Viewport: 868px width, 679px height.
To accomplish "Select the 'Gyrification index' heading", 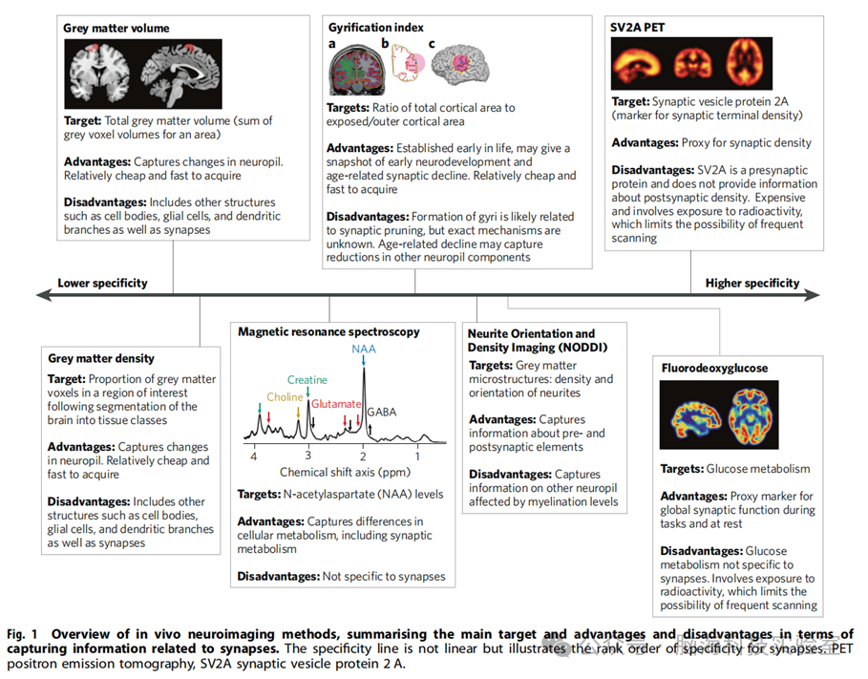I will (375, 28).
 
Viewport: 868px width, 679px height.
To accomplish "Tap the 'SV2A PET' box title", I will (637, 28).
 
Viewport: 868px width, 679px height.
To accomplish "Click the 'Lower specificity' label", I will (102, 283).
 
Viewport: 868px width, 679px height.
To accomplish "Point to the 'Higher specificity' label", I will (752, 283).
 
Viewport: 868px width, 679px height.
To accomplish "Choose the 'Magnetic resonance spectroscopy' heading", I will (329, 331).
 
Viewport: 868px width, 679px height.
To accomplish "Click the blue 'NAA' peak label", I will (364, 350).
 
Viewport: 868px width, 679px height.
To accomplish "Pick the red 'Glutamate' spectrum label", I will (337, 404).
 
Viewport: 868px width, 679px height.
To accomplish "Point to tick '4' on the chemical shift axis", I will (253, 456).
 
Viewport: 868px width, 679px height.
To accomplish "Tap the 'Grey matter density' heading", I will (101, 358).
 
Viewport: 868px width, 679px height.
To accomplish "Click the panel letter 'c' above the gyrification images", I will (432, 44).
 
